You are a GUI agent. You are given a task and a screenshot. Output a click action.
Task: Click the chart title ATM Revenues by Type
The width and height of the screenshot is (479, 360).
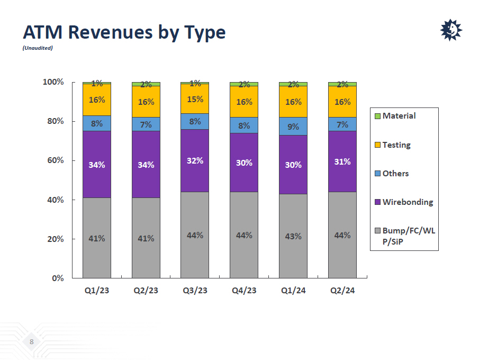coord(124,33)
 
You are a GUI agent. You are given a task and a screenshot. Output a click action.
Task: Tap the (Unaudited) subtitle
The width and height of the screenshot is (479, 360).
coord(38,48)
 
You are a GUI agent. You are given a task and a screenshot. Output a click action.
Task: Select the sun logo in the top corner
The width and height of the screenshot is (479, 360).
coord(451,30)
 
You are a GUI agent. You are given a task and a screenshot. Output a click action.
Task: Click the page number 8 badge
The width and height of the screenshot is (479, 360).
coord(31,342)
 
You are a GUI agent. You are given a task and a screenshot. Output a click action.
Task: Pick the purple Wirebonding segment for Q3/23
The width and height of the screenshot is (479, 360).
coord(195,160)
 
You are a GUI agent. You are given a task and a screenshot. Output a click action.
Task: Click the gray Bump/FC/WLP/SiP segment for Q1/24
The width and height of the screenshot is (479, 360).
coord(293,236)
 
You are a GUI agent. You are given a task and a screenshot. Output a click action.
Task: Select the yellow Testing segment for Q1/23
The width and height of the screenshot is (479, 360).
coord(97,100)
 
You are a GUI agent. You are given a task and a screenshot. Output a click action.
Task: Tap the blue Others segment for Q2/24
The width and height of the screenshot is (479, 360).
coord(342,124)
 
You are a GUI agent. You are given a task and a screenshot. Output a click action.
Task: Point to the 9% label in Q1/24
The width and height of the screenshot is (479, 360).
coord(293,127)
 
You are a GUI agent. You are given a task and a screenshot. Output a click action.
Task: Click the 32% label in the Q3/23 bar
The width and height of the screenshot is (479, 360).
coord(195,160)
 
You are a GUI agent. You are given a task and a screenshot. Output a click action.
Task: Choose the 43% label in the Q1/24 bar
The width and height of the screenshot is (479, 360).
coord(293,236)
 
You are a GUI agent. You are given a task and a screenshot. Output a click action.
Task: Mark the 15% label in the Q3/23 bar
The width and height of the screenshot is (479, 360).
coord(195,99)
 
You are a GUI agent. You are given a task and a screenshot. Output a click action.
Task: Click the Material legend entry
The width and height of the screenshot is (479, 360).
coord(399,115)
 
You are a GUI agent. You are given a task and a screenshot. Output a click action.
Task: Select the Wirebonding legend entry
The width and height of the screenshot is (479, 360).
coord(407,202)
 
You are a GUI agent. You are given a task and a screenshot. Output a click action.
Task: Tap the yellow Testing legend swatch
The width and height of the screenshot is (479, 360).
coord(377,145)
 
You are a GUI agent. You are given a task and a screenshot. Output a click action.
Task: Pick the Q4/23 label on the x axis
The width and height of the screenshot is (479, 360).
coord(244,291)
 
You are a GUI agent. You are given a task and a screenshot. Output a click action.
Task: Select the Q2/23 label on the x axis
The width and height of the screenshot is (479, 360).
coord(146,291)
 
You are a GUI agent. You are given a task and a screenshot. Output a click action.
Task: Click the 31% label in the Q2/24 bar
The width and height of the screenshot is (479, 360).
coord(342,161)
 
